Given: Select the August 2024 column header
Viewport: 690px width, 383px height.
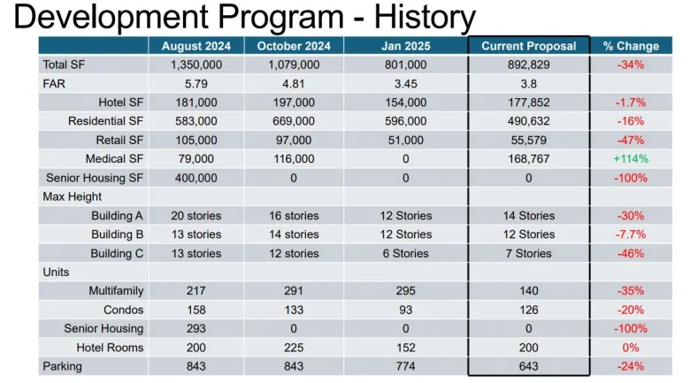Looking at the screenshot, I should click(x=195, y=46).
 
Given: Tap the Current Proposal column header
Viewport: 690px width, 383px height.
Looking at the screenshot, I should click(x=528, y=46).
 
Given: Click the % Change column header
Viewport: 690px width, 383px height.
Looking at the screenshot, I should click(x=631, y=46).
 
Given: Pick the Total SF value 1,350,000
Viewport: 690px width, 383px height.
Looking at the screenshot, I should click(x=195, y=65).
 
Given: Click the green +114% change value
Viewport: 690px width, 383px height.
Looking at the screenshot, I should click(x=631, y=158).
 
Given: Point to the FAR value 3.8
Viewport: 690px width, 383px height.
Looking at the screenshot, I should click(x=528, y=83).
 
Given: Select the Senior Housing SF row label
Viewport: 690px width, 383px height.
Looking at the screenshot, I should click(x=93, y=178).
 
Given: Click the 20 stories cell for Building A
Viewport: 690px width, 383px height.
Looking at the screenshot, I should click(x=195, y=216).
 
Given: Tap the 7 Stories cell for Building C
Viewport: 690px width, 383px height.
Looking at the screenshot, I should click(x=528, y=253).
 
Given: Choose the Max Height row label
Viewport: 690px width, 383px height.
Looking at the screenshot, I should click(x=73, y=196).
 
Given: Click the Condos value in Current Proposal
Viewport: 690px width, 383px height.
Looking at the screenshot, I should click(x=528, y=310).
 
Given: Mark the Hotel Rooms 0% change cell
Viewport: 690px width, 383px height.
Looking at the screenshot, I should click(x=631, y=348).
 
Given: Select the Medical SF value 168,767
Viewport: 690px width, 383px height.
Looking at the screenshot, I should click(x=528, y=158).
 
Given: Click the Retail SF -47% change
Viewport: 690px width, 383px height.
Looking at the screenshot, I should click(x=631, y=140).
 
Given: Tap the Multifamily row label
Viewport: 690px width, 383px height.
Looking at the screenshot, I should click(x=116, y=291).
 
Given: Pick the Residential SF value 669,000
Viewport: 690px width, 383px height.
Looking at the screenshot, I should click(x=294, y=121).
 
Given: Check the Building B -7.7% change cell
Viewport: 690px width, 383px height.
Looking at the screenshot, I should click(x=631, y=234).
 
